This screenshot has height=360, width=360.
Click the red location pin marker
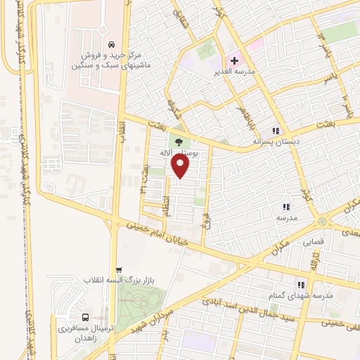(181, 166)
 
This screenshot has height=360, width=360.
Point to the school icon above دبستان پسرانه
(277, 130)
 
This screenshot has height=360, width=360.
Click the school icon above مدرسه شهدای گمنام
(301, 285)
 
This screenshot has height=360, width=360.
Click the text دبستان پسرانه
(277, 141)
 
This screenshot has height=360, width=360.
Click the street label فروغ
(207, 223)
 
